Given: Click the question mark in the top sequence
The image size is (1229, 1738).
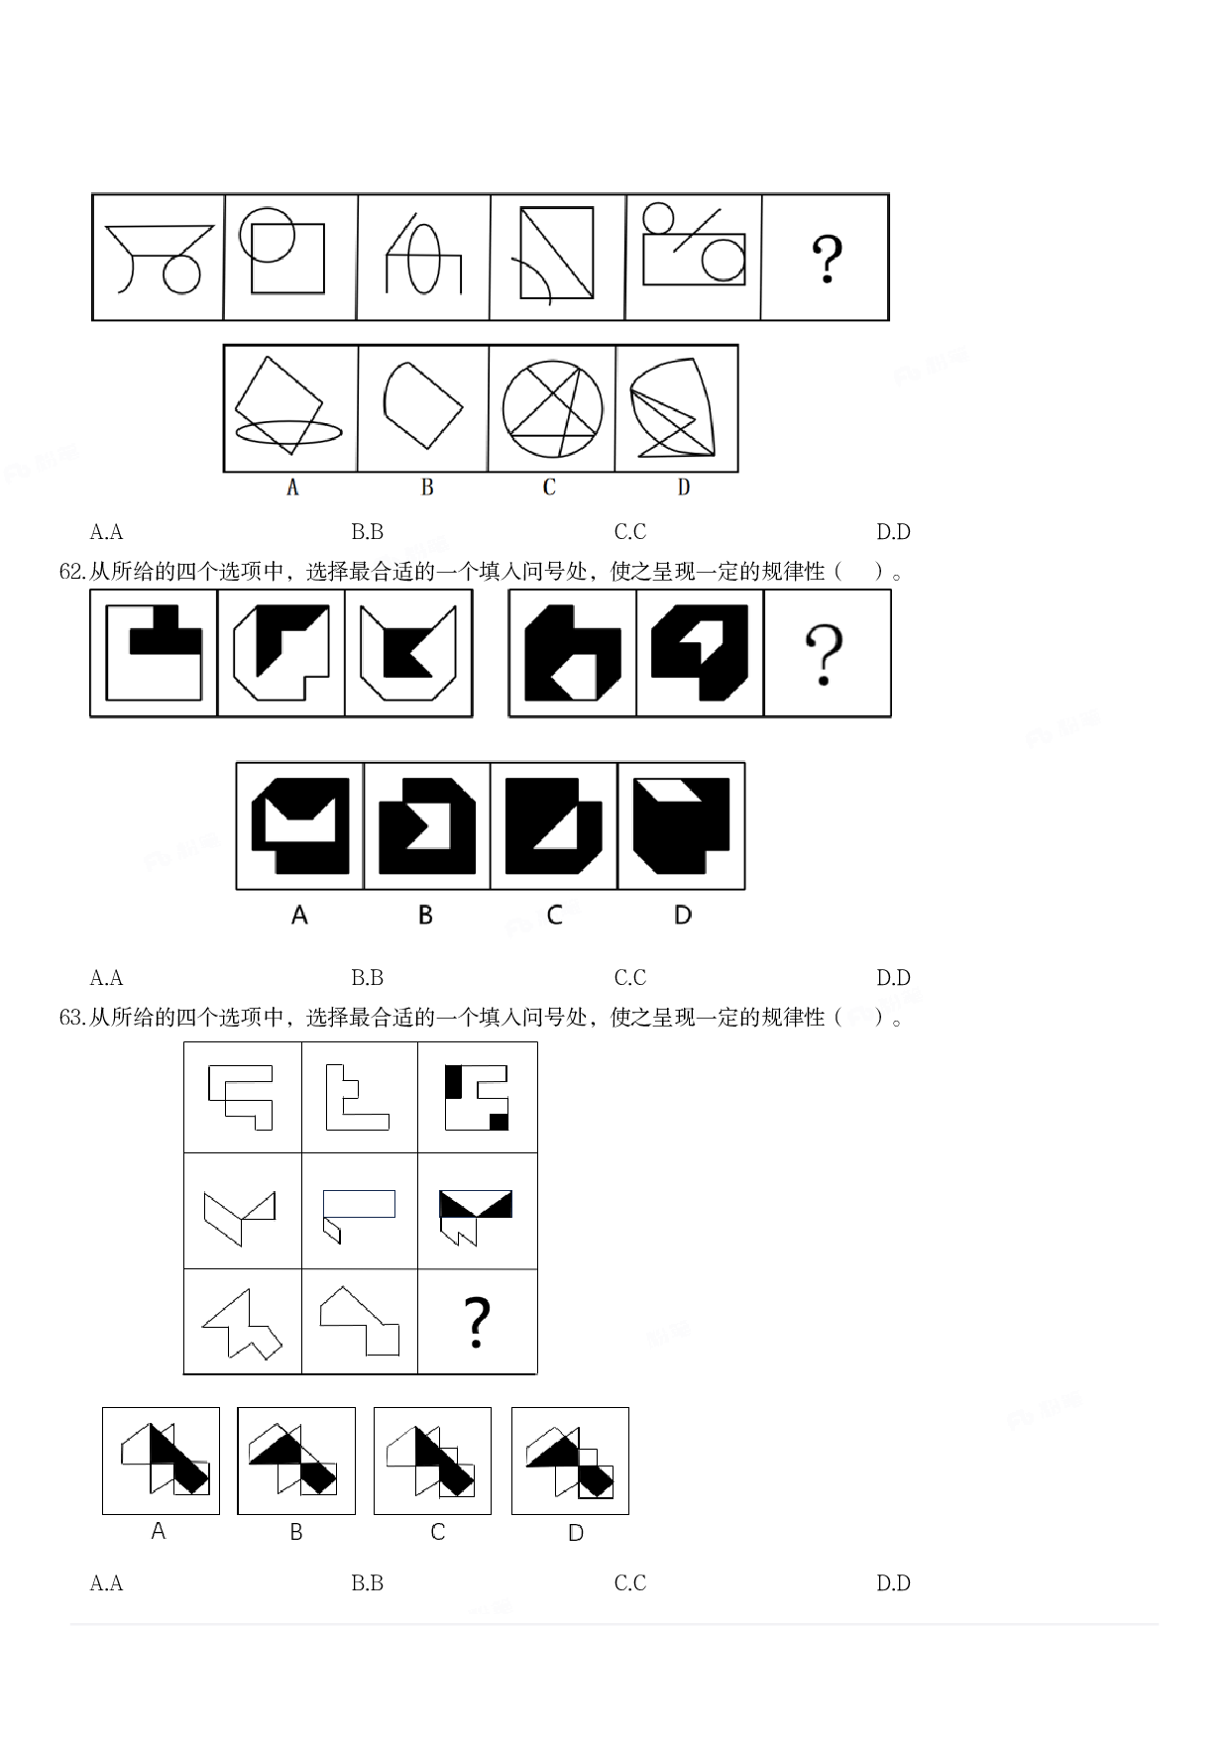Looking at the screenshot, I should click(827, 260).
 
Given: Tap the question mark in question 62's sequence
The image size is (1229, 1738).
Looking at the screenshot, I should click(825, 654).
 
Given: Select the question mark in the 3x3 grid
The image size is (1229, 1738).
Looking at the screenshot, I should click(477, 1322).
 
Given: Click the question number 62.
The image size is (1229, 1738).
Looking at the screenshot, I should click(72, 572).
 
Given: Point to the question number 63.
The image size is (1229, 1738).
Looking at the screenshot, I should click(72, 1018).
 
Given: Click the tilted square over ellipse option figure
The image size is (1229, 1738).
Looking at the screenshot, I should click(286, 406).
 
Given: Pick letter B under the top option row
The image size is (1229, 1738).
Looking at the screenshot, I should click(427, 488).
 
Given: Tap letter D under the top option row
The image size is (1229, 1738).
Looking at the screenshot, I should click(684, 488).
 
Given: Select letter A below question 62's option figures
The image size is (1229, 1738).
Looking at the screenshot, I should click(299, 915).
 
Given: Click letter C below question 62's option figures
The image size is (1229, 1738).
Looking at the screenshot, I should click(554, 915).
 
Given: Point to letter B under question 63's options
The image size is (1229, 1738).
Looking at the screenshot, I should click(296, 1532).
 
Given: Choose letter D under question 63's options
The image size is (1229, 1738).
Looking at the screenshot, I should click(576, 1533).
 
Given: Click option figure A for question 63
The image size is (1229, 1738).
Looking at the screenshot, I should click(162, 1460).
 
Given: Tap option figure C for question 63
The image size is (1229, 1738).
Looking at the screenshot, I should click(432, 1460).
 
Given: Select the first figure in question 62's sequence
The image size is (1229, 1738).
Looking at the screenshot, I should click(154, 653).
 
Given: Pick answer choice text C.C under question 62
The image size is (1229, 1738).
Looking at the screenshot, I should click(630, 978).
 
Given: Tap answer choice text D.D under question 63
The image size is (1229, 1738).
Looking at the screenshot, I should click(893, 1583).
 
